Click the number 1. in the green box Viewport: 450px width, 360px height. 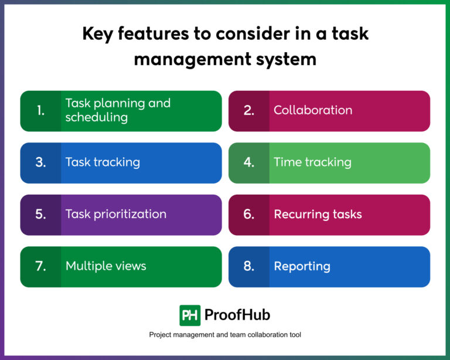point(40,110)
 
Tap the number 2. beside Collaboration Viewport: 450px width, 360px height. point(249,110)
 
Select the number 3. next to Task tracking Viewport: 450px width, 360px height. point(40,162)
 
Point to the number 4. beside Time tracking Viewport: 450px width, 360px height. point(249,162)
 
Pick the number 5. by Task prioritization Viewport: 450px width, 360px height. point(40,214)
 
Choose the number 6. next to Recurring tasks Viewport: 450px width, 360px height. point(249,214)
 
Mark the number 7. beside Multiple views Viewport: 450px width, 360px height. point(40,266)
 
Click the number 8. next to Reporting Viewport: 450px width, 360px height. point(249,266)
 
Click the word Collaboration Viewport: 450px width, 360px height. point(313,110)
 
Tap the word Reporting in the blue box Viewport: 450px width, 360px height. point(302,266)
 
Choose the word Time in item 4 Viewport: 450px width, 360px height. point(286,162)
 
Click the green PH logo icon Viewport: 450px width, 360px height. point(190,315)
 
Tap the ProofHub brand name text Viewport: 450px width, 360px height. point(237,315)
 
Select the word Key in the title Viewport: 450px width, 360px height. point(98,33)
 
